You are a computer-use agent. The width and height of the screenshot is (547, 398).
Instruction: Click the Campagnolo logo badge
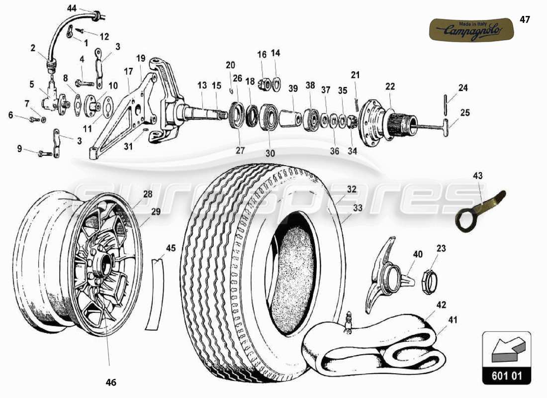[470, 29]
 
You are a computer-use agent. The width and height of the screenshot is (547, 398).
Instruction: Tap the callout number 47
[525, 20]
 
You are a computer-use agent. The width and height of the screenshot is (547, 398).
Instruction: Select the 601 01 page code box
[506, 376]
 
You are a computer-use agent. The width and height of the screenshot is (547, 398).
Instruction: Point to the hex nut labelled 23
[430, 282]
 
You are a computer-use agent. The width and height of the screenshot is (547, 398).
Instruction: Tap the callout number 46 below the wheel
[110, 383]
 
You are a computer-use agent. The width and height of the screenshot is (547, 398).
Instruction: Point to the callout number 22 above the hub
[390, 87]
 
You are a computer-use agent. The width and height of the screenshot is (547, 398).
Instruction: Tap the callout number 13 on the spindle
[201, 86]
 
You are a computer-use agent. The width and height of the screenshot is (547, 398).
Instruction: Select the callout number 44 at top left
[72, 8]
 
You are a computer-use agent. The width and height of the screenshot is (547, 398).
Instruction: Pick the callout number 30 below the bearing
[270, 154]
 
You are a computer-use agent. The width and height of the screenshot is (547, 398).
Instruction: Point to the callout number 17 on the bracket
[128, 71]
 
